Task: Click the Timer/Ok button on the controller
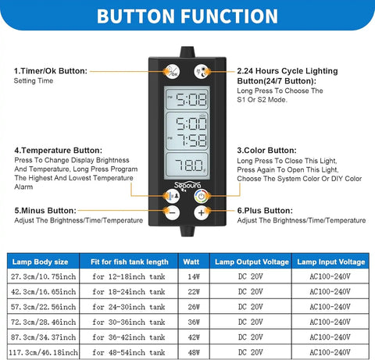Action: (x=172, y=71)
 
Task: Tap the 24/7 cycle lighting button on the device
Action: (x=202, y=71)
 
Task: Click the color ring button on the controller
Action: (x=202, y=196)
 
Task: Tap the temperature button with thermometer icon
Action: (x=172, y=196)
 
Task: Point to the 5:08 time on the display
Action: (x=191, y=100)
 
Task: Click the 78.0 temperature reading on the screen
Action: (x=189, y=166)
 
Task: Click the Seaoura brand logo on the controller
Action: (x=187, y=186)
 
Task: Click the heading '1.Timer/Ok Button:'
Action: (x=51, y=71)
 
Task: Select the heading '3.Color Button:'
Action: (x=266, y=151)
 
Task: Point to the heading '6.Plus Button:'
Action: (x=265, y=211)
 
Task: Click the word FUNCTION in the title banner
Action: (x=229, y=16)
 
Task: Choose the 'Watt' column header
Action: (x=191, y=262)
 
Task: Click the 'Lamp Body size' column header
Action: (x=41, y=262)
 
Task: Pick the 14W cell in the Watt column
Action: (x=194, y=276)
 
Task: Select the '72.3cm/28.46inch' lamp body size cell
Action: (x=43, y=323)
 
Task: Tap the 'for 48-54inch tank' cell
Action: (x=129, y=352)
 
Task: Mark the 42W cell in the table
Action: (x=194, y=337)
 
